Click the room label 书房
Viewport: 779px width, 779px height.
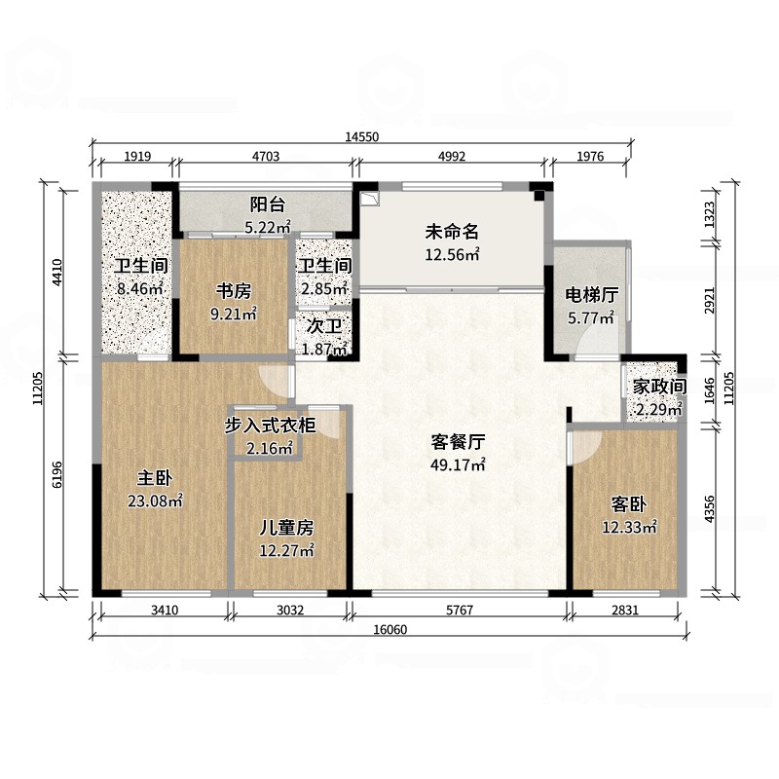[x=233, y=291]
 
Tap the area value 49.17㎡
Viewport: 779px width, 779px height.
[x=458, y=465]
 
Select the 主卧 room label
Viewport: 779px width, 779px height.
[x=155, y=478]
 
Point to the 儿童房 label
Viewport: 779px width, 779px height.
[x=286, y=528]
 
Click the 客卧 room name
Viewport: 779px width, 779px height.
[x=628, y=504]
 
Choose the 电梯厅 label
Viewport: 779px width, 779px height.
[x=591, y=295]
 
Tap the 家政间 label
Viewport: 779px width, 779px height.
[x=659, y=387]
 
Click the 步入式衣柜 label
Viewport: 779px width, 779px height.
[x=270, y=426]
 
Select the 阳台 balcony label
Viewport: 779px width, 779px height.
[x=267, y=204]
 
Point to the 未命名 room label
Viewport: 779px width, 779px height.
[x=452, y=232]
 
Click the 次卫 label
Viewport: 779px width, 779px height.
[x=324, y=326]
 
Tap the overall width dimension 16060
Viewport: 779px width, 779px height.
[x=390, y=629]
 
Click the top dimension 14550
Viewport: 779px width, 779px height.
[x=362, y=136]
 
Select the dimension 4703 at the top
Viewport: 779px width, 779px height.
[x=266, y=157]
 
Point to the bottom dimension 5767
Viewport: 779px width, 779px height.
[x=460, y=610]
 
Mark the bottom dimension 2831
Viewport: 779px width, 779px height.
[x=625, y=610]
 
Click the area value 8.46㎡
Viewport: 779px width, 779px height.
[x=140, y=288]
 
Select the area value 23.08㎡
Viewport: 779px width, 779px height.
[x=155, y=501]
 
